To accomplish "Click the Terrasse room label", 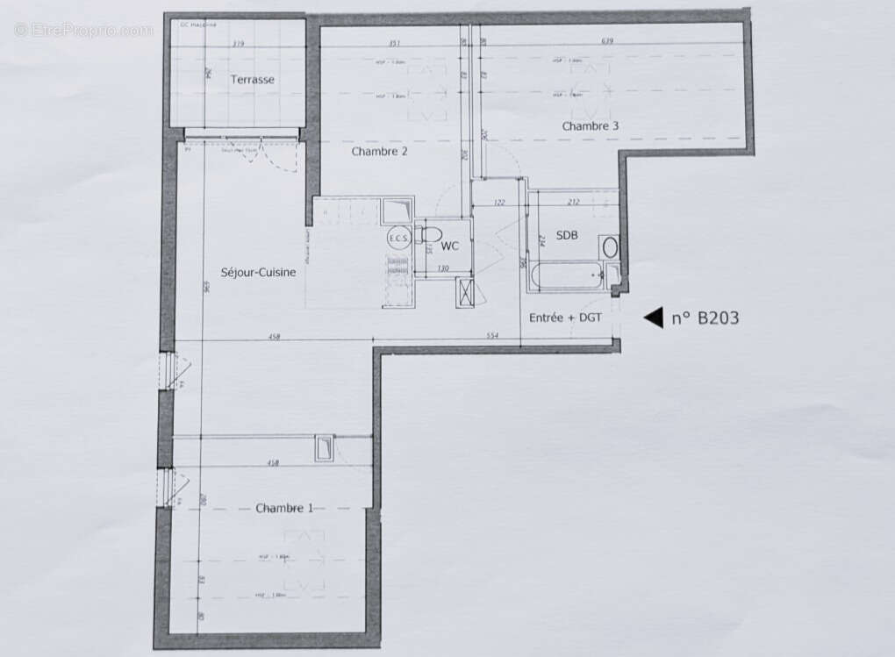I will [x=252, y=79].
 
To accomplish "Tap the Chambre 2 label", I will [x=379, y=151].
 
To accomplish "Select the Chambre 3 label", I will [x=590, y=125].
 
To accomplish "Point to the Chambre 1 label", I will [x=284, y=508].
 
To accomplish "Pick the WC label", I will [x=450, y=246].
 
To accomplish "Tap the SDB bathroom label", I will [x=567, y=236].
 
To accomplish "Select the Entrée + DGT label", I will [x=565, y=317].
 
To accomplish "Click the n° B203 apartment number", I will [x=705, y=318].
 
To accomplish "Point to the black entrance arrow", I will [x=653, y=318].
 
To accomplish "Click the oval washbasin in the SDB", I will [x=610, y=247].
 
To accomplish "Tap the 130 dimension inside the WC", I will [x=443, y=268].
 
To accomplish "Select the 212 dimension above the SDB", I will [x=574, y=203].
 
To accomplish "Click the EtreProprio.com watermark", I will [x=83, y=30].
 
